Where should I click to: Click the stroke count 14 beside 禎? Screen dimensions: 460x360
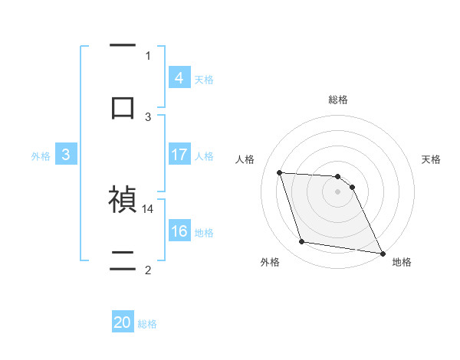148,208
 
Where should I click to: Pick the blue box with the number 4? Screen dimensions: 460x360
179,77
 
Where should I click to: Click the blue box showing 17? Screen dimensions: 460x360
179,155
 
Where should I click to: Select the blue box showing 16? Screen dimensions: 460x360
179,231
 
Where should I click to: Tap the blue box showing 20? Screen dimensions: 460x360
123,322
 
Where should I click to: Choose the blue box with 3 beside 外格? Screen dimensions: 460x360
66,155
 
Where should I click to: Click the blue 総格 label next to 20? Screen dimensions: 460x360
148,324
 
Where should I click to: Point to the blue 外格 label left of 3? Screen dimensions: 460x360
41,155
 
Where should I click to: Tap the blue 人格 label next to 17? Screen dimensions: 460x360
204,155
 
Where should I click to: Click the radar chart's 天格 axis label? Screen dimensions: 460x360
432,159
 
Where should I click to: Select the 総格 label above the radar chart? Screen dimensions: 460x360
338,100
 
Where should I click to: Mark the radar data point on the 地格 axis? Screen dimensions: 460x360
382,253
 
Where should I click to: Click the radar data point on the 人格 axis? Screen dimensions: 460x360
280,172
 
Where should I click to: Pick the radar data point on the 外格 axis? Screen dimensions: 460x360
302,242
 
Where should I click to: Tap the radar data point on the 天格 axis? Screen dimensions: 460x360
352,187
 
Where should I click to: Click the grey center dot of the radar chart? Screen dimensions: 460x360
338,191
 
